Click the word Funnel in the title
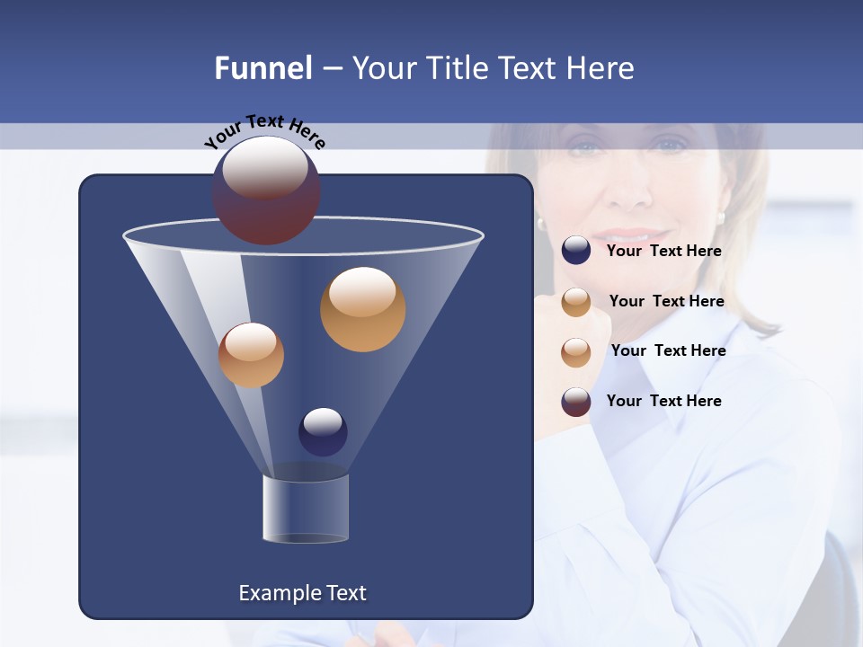coord(262,68)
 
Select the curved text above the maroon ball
coord(264,131)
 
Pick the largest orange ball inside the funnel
coord(362,309)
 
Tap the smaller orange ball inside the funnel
coord(251,355)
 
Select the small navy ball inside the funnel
coord(323,431)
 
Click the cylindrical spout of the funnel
coord(306,509)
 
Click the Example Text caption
coord(303,593)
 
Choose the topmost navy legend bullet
coord(576,251)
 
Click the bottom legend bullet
coord(576,402)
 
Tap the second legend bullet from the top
coord(576,302)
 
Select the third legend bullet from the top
coord(576,352)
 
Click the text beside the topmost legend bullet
coord(663,251)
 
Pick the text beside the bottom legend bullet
coord(663,401)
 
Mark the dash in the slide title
coord(331,68)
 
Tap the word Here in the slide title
coord(601,68)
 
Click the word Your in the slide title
coord(383,68)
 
